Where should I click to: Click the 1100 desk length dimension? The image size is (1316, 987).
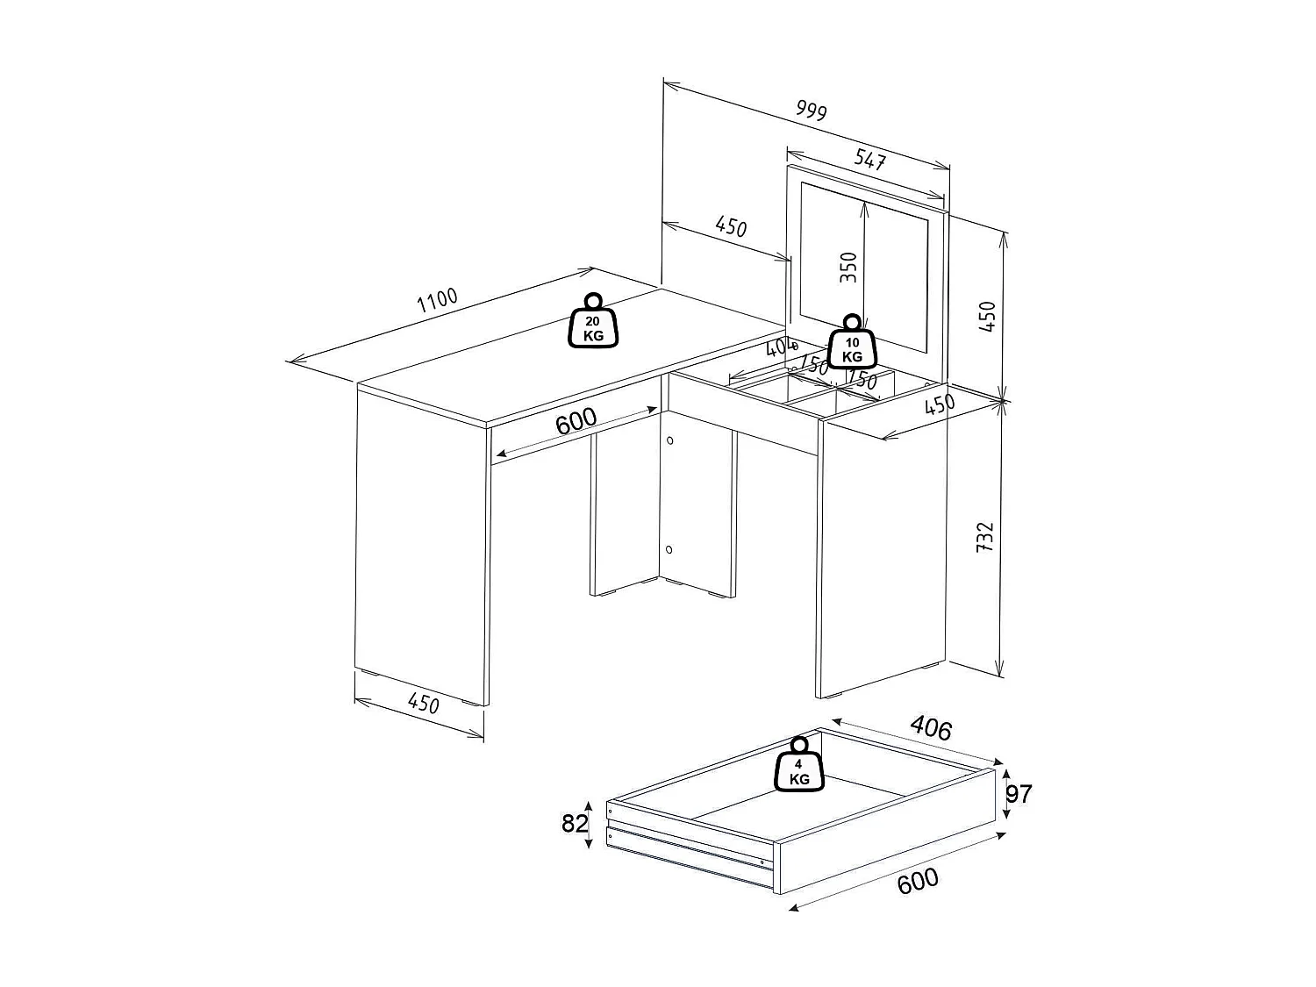[x=437, y=300]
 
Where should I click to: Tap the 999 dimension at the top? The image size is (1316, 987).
[x=811, y=110]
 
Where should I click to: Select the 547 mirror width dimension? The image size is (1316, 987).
[x=870, y=160]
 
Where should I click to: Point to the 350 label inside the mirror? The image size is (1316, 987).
[x=848, y=267]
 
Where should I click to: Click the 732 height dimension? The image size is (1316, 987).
[x=985, y=536]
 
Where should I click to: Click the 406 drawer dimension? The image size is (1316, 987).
[x=930, y=727]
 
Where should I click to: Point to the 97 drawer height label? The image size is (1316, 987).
[x=1019, y=794]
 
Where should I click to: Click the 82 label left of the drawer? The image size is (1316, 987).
[x=574, y=823]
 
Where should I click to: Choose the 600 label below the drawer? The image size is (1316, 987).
[x=918, y=881]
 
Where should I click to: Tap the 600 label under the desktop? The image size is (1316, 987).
[x=576, y=421]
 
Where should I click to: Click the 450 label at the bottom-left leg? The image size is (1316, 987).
[x=423, y=703]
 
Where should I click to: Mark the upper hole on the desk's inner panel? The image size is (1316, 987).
[x=669, y=440]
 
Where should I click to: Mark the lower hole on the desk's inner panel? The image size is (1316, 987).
[x=669, y=549]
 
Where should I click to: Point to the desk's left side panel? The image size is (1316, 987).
[x=421, y=544]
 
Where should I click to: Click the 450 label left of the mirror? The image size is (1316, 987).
[x=730, y=227]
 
